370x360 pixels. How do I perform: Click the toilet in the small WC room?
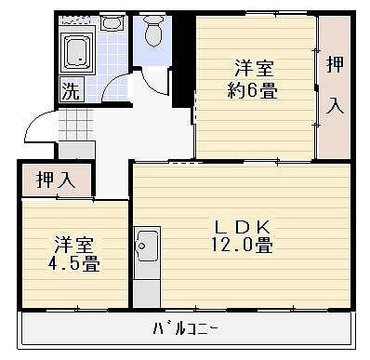point(154,33)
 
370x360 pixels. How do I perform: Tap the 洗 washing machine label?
point(70,90)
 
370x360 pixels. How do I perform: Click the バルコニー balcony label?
point(186,328)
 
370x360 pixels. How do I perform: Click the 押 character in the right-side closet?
point(335,65)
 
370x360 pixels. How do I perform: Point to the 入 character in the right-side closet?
point(335,105)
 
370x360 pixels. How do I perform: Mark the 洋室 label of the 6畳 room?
point(255,68)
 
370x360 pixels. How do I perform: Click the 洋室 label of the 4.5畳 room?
point(74,243)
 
